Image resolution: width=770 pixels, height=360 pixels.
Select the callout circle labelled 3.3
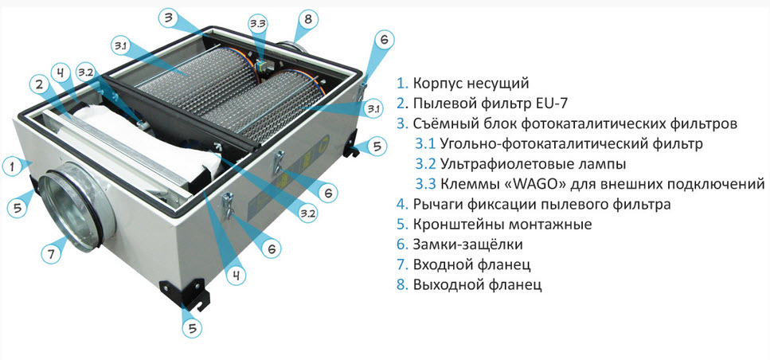(x=259, y=24)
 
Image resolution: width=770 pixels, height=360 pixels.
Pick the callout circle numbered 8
(x=308, y=20)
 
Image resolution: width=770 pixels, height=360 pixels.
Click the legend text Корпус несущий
(x=471, y=84)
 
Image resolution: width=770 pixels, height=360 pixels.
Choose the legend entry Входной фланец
(x=471, y=264)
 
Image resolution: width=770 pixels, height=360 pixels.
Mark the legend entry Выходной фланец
(x=477, y=285)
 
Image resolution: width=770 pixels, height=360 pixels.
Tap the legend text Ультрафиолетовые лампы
(x=534, y=164)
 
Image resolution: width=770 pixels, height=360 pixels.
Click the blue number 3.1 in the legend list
(x=425, y=144)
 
